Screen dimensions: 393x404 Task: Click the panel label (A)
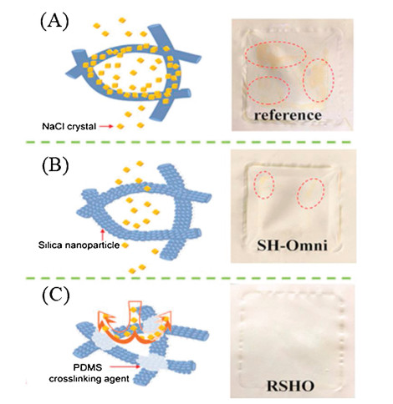point(54,22)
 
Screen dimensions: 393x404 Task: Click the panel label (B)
point(55,166)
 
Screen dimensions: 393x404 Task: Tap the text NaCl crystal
point(69,126)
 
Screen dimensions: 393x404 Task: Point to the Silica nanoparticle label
point(79,245)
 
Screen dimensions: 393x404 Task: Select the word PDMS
point(84,367)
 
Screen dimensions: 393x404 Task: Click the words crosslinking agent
point(89,379)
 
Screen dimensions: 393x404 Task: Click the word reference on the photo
point(288,115)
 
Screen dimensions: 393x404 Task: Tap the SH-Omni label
point(292,245)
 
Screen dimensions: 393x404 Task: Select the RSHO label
point(291,386)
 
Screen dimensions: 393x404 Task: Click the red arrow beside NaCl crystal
point(106,126)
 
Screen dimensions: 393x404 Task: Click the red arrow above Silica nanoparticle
point(103,235)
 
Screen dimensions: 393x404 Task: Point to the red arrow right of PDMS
point(125,367)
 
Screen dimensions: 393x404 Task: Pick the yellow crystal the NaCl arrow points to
point(120,126)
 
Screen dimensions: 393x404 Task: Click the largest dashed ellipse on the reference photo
point(276,55)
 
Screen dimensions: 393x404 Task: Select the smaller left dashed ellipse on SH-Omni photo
point(264,184)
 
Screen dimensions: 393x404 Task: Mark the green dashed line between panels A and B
point(188,142)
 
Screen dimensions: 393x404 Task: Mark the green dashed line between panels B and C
point(188,278)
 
